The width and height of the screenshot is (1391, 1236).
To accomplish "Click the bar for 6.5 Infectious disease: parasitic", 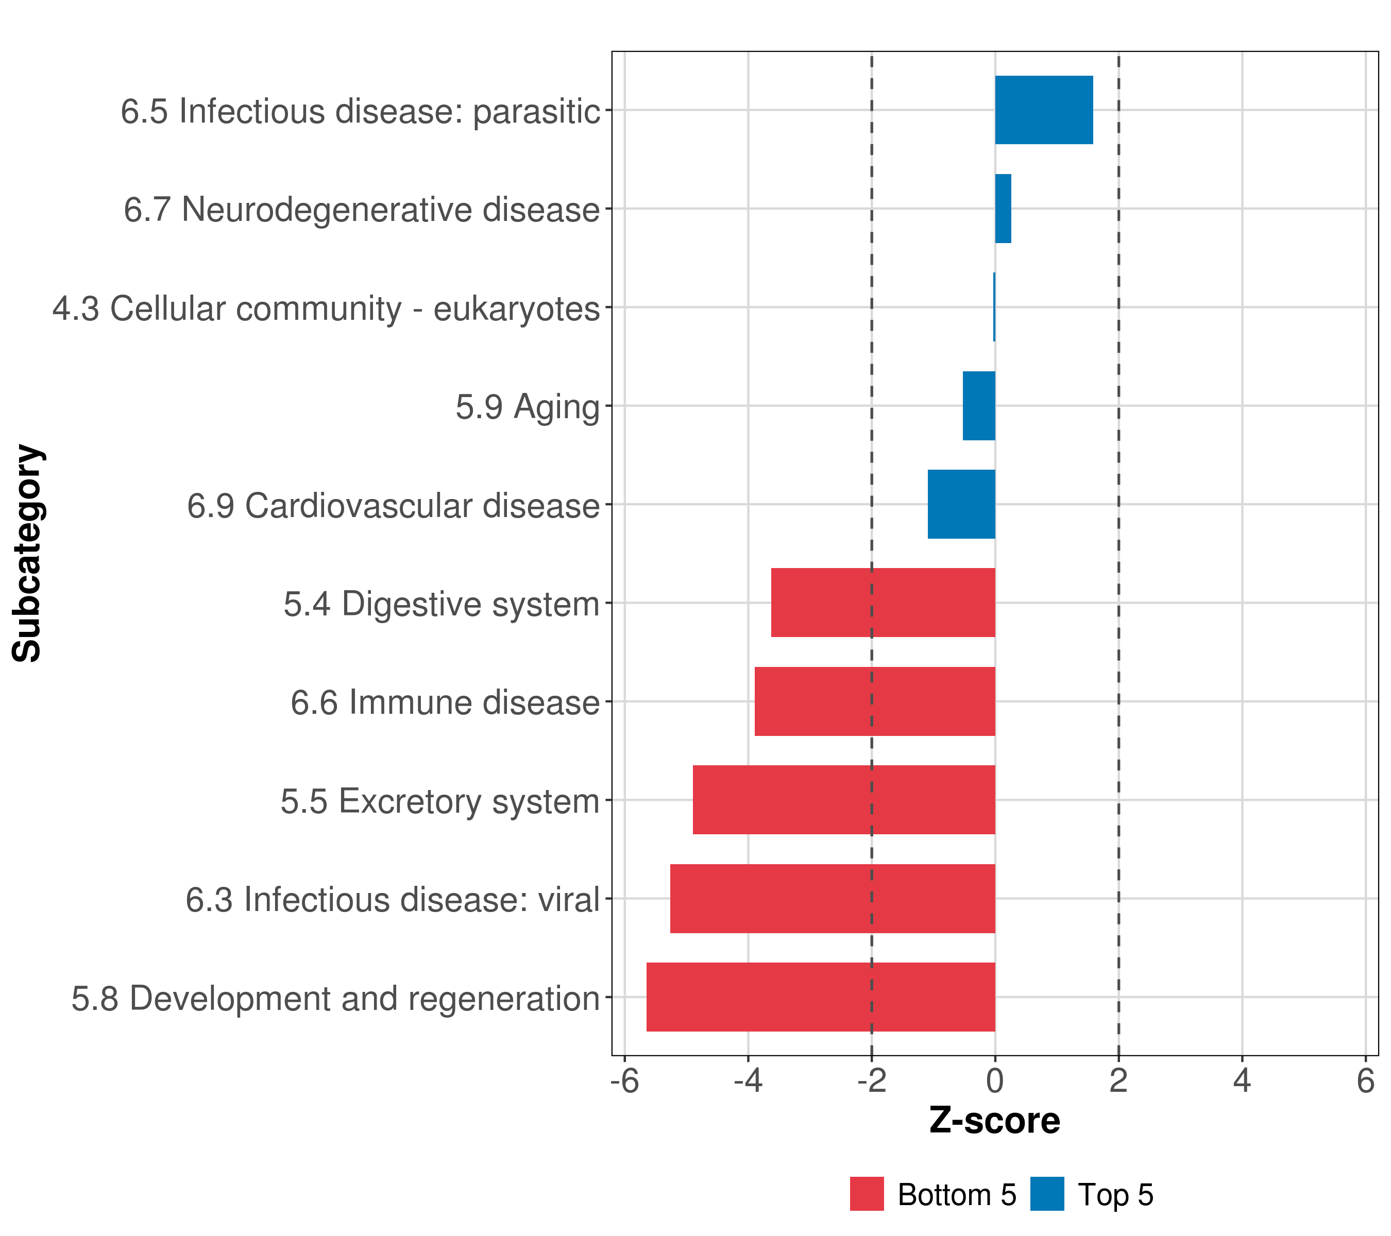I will click(1044, 110).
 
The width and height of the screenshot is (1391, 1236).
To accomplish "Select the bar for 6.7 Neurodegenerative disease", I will click(1003, 209).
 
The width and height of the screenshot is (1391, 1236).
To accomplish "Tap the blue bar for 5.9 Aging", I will click(979, 406).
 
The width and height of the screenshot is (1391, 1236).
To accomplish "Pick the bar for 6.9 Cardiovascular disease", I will click(961, 504).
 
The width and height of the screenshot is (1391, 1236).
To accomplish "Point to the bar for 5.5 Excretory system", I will click(844, 800).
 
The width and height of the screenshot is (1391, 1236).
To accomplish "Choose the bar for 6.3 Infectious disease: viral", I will click(833, 899).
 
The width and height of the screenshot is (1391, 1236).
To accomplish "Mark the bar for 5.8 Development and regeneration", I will click(821, 997).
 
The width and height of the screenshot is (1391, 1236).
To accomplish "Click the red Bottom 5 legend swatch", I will click(867, 1194).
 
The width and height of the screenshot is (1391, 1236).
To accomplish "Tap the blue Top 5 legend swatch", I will click(1047, 1194).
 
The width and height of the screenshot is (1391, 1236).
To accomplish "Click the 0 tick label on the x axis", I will click(995, 1081).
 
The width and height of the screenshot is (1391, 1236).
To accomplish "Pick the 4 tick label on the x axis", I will click(1242, 1081).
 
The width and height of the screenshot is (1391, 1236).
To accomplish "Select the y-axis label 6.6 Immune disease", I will click(445, 702).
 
